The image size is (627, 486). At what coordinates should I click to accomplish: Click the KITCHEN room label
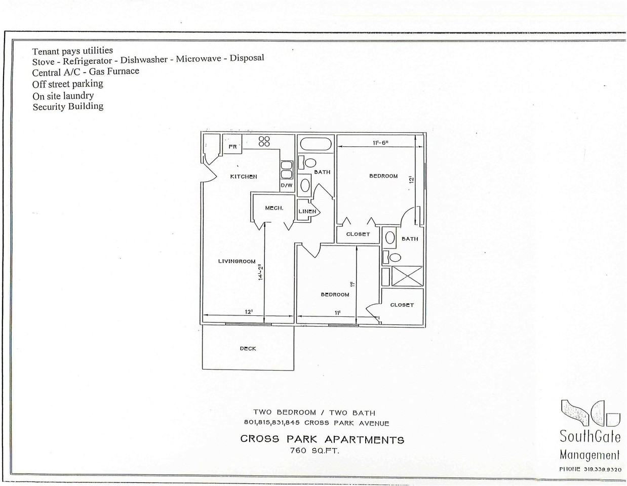pyautogui.click(x=244, y=177)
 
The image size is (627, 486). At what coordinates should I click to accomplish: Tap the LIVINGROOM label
pyautogui.click(x=237, y=261)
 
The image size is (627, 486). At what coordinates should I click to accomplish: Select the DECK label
pyautogui.click(x=248, y=348)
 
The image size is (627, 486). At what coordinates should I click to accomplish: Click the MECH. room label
pyautogui.click(x=274, y=208)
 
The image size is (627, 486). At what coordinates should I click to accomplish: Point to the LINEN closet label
pyautogui.click(x=307, y=212)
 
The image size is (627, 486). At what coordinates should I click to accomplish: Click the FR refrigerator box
pyautogui.click(x=233, y=147)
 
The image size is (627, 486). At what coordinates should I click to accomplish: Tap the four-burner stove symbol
pyautogui.click(x=264, y=141)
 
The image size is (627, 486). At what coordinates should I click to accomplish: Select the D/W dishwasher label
pyautogui.click(x=287, y=186)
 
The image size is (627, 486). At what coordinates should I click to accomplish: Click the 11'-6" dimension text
pyautogui.click(x=380, y=143)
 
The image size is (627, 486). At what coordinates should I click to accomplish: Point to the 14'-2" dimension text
pyautogui.click(x=260, y=272)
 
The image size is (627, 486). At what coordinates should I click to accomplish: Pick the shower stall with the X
pyautogui.click(x=407, y=276)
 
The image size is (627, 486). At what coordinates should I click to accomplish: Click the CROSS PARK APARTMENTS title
pyautogui.click(x=322, y=439)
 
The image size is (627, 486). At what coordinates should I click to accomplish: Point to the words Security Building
pyautogui.click(x=68, y=106)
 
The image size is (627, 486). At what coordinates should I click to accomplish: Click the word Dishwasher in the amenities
pyautogui.click(x=144, y=59)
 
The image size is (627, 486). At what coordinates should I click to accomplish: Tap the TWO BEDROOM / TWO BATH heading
pyautogui.click(x=314, y=413)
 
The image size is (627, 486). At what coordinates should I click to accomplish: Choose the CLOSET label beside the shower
pyautogui.click(x=402, y=305)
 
